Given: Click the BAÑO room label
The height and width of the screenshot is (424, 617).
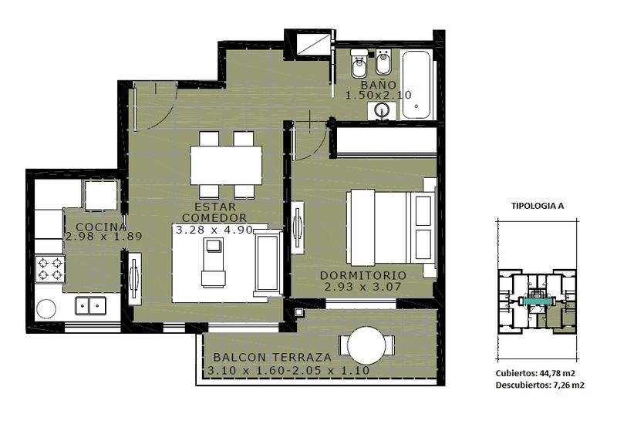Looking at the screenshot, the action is (x=379, y=85).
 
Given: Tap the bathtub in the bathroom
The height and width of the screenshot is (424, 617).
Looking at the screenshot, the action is (x=416, y=85).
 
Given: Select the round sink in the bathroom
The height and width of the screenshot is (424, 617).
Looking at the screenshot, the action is (x=381, y=109).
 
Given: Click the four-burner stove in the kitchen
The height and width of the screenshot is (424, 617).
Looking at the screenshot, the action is (x=50, y=269).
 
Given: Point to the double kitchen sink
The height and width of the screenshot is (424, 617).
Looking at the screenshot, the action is (x=90, y=305).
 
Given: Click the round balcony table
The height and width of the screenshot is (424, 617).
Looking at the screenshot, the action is (x=367, y=345).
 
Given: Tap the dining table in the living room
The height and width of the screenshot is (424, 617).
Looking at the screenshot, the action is (x=226, y=165).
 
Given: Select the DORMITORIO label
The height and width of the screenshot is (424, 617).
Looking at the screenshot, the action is (x=362, y=275).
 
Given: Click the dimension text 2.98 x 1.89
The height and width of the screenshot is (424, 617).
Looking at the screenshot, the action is (x=103, y=237).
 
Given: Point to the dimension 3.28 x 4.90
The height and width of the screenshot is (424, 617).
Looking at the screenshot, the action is (x=214, y=230).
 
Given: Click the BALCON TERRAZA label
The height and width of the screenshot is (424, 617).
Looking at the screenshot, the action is (x=272, y=358).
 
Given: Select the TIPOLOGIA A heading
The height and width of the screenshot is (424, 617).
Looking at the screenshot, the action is (x=538, y=206).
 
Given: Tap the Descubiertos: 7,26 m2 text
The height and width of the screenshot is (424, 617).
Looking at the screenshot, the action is (x=540, y=385).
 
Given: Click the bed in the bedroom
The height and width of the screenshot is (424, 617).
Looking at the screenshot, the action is (x=391, y=227).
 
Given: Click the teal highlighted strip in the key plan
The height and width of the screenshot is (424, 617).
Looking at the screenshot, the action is (x=537, y=301).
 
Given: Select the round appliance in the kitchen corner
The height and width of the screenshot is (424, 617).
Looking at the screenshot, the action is (x=46, y=310).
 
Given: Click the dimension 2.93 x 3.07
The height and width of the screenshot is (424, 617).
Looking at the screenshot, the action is (x=362, y=287).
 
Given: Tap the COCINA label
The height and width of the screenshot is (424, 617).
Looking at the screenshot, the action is (x=101, y=227).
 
